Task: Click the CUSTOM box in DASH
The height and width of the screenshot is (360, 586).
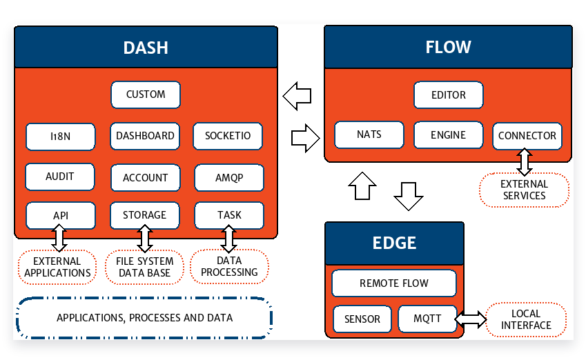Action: coord(146,94)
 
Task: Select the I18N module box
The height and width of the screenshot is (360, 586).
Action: coord(61,137)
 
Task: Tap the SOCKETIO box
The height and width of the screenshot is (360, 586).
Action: coord(228,136)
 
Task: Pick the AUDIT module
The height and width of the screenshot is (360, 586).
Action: coord(60,177)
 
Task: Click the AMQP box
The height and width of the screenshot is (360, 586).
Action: coord(229,178)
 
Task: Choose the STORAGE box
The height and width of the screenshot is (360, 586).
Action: coord(145,215)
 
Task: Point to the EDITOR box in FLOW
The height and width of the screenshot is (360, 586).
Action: coord(449,95)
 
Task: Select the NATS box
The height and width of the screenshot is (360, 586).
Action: coord(369,134)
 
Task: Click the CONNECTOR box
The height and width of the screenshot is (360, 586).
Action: coord(527,136)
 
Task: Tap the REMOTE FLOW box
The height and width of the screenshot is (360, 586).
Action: coord(394,283)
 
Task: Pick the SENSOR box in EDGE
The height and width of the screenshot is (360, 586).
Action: coord(362,319)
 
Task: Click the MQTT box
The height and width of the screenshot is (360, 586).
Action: coord(427,319)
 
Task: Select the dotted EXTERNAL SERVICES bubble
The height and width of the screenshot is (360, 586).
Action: coord(524,190)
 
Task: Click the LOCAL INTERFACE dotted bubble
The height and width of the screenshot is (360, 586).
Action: coord(526,320)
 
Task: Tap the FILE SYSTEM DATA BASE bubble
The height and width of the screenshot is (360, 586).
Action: coord(145,267)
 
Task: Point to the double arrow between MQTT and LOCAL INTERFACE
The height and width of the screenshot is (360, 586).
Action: coord(471,319)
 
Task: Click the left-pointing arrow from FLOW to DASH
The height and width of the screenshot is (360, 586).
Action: coord(297,96)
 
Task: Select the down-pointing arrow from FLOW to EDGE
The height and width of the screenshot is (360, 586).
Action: coord(409,197)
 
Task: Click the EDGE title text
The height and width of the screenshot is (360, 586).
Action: coord(394,243)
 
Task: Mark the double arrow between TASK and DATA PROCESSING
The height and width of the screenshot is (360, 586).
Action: coord(228,239)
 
